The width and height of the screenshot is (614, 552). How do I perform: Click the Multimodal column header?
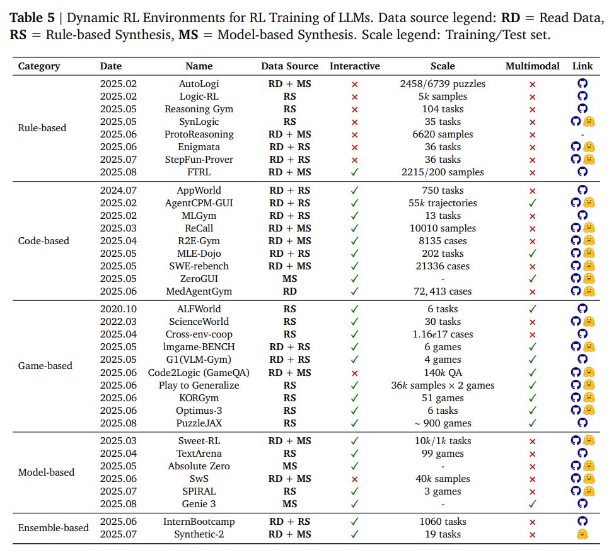[x=532, y=66]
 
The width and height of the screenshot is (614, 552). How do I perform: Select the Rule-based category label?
[x=42, y=127]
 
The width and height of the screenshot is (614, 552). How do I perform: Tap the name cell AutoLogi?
[x=199, y=83]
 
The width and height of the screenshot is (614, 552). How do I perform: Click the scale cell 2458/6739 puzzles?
[x=443, y=83]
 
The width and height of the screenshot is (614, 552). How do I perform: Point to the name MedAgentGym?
[x=199, y=291]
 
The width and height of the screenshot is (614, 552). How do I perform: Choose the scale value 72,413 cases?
[x=443, y=291]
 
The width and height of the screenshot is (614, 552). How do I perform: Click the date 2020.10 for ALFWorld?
[x=118, y=309]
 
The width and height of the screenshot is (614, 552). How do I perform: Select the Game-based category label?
[x=45, y=365]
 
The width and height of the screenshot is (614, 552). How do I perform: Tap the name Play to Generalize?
[x=199, y=385]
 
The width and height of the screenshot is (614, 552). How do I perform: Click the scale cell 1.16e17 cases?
[x=443, y=334]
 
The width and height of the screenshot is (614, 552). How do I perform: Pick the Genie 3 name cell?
[x=199, y=504]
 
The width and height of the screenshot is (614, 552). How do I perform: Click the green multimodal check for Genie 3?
[x=532, y=504]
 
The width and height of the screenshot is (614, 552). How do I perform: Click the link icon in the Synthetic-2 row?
[x=582, y=534]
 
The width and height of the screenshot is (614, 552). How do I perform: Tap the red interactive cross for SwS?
[x=354, y=479]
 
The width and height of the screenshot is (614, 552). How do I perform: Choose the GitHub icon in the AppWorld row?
[x=582, y=191]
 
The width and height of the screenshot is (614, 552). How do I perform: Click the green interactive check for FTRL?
[x=354, y=172]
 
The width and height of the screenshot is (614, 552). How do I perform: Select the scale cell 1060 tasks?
[x=443, y=522]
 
